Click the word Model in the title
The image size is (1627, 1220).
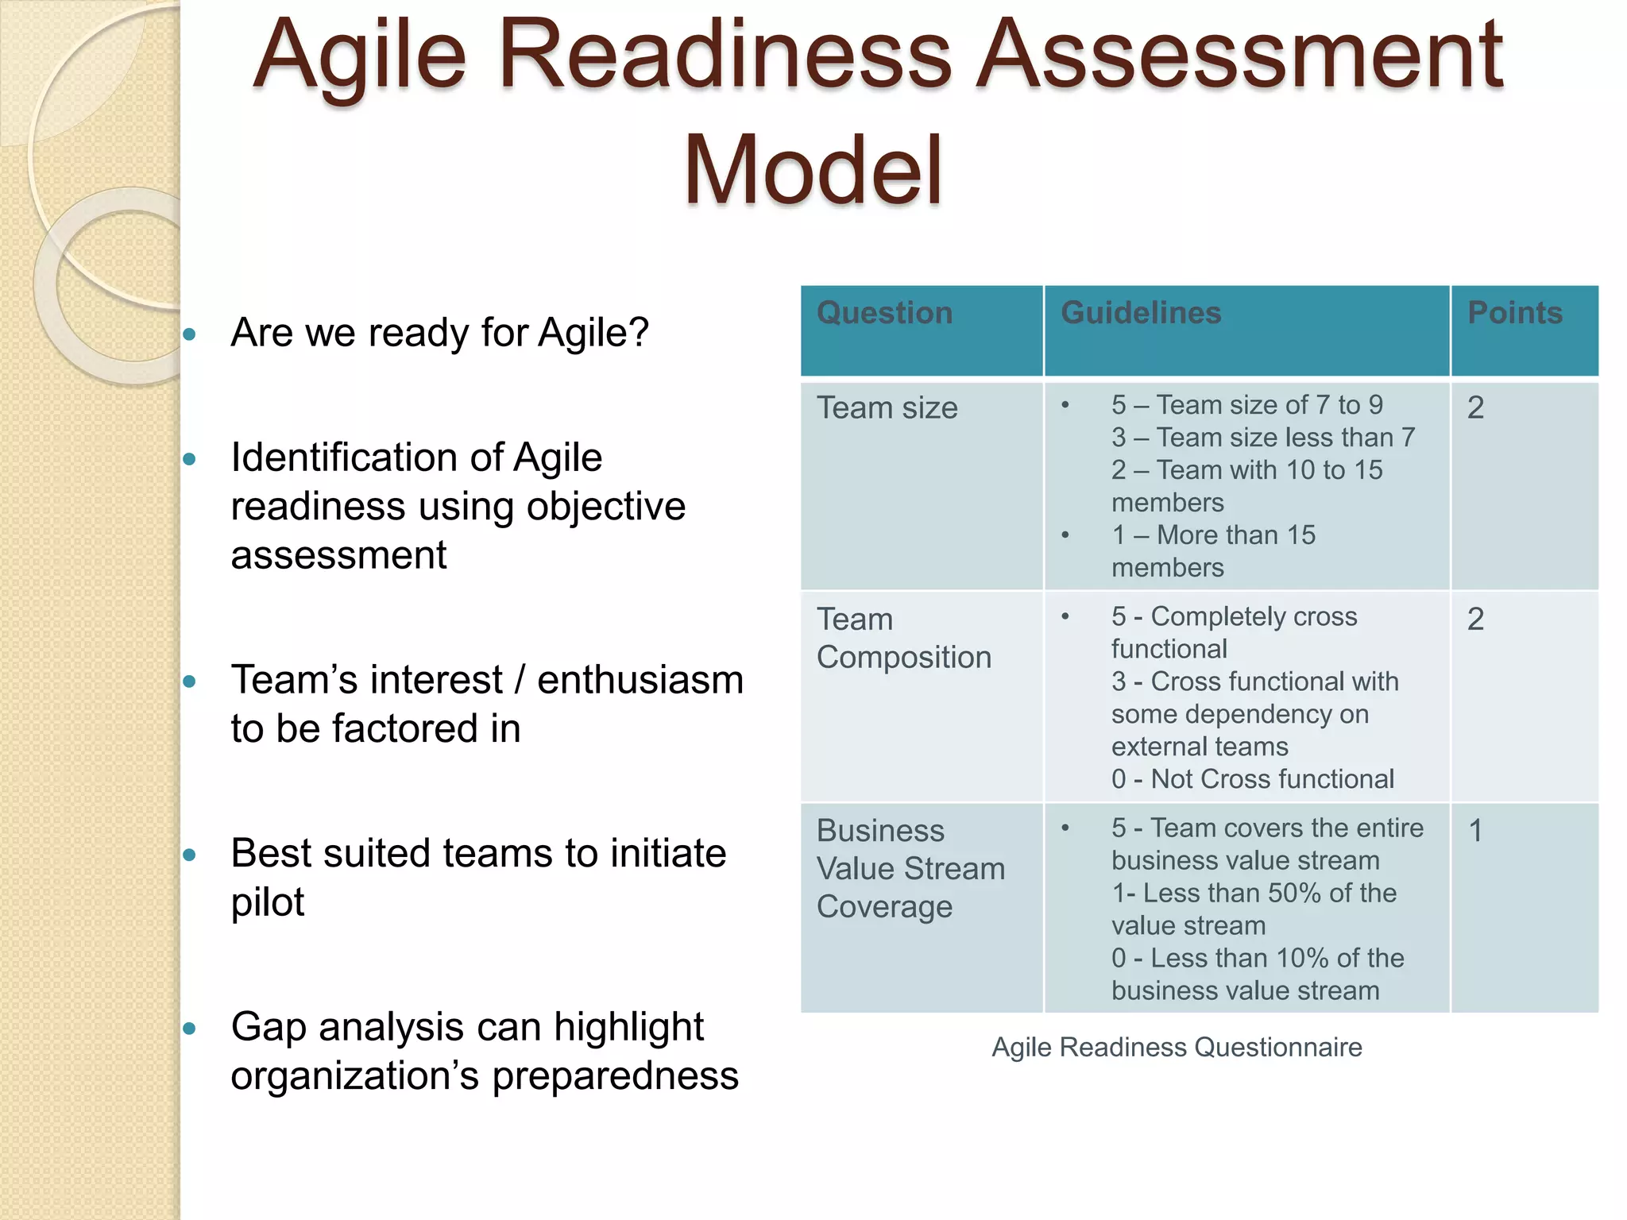(813, 170)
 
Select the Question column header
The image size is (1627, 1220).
(884, 313)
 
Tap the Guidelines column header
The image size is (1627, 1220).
(1141, 313)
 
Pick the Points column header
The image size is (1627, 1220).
(1514, 313)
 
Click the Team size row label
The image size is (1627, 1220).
(887, 408)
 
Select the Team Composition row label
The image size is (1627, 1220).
(903, 638)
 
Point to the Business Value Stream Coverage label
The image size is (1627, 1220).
(910, 868)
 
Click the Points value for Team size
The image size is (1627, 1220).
(1475, 408)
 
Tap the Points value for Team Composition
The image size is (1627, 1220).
(1475, 620)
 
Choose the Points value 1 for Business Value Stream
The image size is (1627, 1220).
(1475, 831)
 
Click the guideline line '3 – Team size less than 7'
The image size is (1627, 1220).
(1262, 438)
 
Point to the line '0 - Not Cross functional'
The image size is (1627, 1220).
(1252, 779)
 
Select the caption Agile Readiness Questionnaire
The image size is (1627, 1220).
(1177, 1047)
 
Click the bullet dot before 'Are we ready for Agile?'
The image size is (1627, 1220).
(189, 334)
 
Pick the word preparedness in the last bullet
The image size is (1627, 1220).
(615, 1076)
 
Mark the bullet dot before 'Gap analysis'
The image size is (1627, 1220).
(189, 1029)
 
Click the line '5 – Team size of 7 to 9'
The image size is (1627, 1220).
(1246, 405)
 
